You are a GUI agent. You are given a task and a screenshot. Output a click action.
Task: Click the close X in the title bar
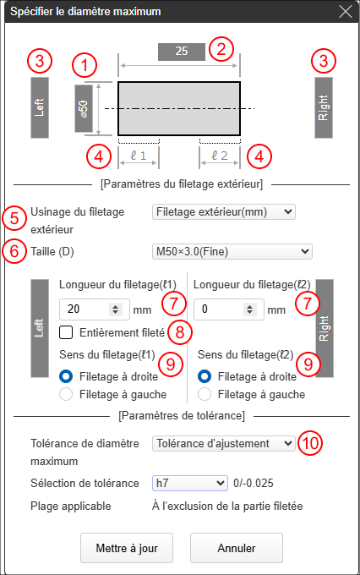tap(346, 11)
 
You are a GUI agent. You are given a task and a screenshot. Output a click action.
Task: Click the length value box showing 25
tap(182, 52)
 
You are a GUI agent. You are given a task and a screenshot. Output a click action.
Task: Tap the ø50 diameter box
tap(84, 108)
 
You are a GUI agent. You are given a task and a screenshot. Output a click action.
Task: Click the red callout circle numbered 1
tap(85, 66)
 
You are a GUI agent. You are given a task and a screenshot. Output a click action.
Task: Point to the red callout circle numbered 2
tap(221, 49)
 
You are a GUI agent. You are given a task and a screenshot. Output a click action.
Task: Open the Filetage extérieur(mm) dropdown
tap(224, 212)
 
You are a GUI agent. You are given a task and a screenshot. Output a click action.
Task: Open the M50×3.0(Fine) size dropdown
tap(232, 252)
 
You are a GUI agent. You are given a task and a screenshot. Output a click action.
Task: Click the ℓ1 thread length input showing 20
tap(94, 309)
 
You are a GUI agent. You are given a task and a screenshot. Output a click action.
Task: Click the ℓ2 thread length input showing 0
tap(229, 309)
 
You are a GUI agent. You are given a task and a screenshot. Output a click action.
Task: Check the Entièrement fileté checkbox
tap(66, 332)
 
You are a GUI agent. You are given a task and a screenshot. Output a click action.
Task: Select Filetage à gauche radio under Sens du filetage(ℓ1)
tap(66, 395)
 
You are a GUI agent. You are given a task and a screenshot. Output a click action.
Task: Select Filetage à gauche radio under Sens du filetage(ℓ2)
tap(205, 395)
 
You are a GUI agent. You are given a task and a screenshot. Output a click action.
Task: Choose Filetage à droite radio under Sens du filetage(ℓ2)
tap(205, 376)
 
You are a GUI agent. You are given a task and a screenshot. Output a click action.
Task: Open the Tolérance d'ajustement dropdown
tap(224, 444)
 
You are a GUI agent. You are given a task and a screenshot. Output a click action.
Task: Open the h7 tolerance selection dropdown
tap(190, 484)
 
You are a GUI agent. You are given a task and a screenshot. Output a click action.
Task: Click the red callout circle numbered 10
tap(310, 443)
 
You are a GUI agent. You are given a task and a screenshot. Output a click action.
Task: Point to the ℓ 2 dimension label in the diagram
tap(220, 156)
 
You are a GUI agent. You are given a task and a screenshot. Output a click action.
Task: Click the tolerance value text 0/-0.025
tap(254, 484)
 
